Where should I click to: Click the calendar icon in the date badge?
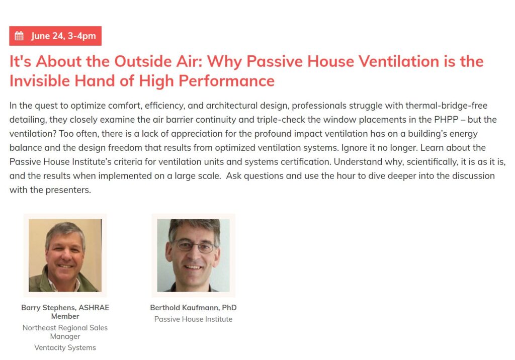19,36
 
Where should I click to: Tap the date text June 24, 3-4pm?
63,36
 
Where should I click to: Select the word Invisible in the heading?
39,81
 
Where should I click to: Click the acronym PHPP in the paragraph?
447,120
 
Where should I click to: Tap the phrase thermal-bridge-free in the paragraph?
447,106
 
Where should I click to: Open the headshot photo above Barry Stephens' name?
65,255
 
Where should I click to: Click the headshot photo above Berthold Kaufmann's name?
193,255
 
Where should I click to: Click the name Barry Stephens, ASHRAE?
65,307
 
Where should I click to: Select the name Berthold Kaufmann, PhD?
193,307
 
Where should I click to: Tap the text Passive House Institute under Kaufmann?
193,319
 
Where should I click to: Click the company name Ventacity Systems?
65,347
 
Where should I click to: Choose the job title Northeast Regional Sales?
65,328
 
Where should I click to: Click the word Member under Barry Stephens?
65,316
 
